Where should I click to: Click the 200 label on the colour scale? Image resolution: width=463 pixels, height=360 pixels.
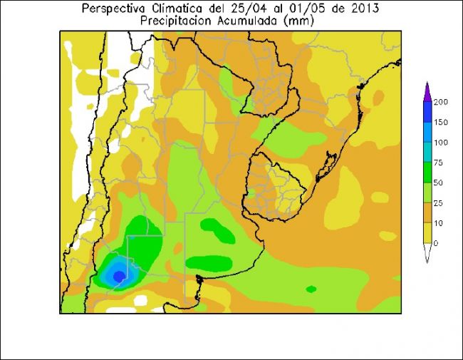coord(441,102)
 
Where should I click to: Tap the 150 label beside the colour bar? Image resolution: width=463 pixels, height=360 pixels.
coord(441,122)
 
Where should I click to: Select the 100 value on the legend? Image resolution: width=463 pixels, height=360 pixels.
coord(441,143)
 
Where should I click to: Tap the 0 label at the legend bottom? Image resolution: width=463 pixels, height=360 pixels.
coord(437,243)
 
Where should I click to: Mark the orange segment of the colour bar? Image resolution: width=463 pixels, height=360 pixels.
coord(427,213)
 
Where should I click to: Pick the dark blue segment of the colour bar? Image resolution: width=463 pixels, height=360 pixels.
coord(427,112)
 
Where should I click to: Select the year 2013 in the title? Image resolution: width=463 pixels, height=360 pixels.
coord(363,9)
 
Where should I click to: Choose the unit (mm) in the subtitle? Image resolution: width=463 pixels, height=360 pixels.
coord(298,21)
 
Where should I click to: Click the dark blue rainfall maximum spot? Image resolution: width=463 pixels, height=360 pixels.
coord(119,275)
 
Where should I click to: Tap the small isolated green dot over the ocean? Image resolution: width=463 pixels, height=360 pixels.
coord(311,289)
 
